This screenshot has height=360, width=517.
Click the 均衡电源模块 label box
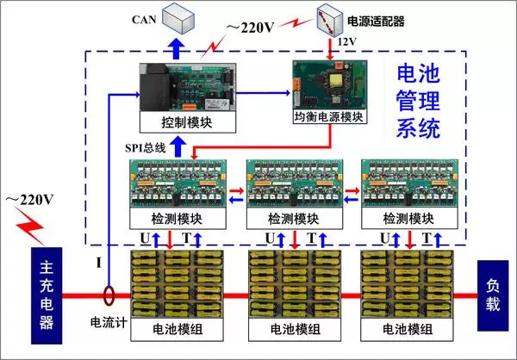(x=330, y=115)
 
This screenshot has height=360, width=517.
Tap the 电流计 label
(x=108, y=323)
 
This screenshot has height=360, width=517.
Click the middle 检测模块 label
(x=293, y=219)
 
